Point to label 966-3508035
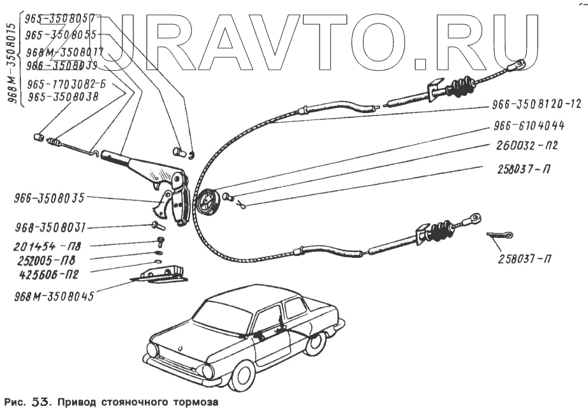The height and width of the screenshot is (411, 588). [x=48, y=198]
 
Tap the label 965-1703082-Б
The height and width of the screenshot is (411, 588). [x=66, y=84]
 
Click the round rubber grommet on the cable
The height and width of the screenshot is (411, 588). [x=207, y=204]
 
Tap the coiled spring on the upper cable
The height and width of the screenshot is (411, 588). [x=460, y=86]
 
